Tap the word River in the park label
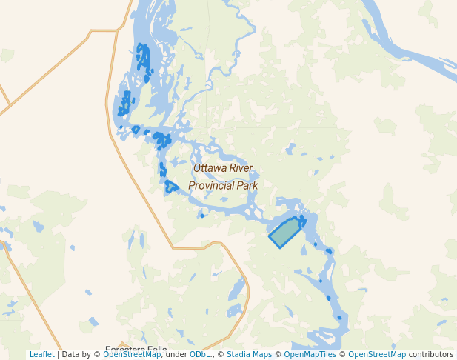[241, 169]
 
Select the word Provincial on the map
[212, 186]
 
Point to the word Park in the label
[247, 186]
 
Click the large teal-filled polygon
[285, 233]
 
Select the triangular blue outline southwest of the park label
[171, 186]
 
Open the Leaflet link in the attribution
[41, 354]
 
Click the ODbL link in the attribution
[199, 354]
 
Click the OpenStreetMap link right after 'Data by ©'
[132, 354]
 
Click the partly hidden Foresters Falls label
[136, 348]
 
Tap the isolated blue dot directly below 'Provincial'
[202, 216]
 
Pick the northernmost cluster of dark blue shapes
[143, 61]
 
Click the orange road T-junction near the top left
[117, 30]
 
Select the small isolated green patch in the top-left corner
[7, 56]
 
